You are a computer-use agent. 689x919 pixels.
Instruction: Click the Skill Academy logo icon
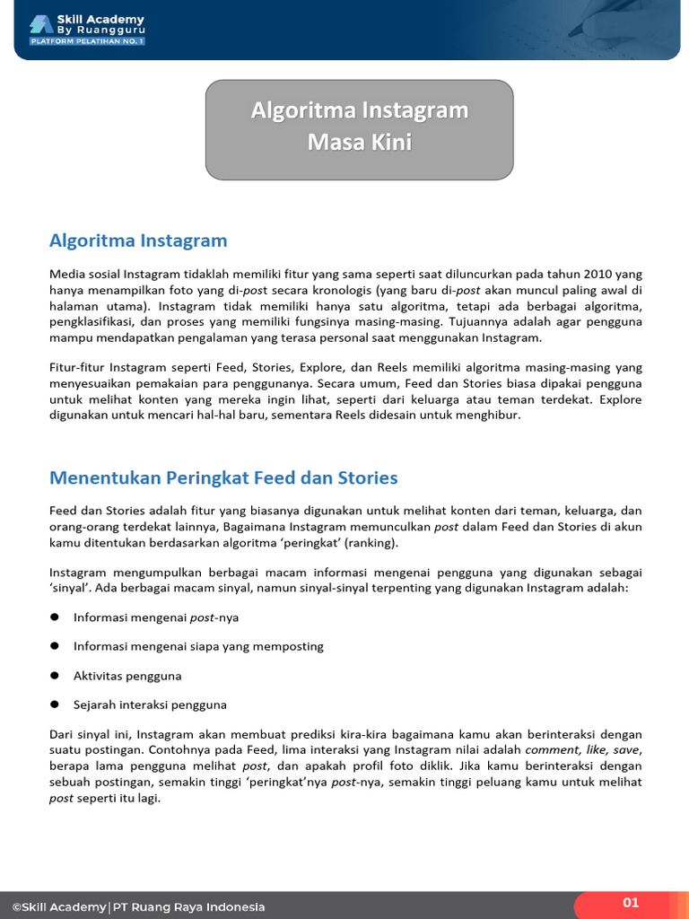(40, 24)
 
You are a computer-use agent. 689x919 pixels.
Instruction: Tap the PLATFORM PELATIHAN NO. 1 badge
(87, 41)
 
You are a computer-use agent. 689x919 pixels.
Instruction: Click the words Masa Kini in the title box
(359, 142)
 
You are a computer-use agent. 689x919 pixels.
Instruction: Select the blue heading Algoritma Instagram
(138, 241)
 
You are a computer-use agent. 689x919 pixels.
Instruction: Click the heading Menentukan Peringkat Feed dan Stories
(223, 477)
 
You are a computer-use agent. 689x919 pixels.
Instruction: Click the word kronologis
(339, 290)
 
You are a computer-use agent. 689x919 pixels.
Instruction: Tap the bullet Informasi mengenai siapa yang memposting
(198, 646)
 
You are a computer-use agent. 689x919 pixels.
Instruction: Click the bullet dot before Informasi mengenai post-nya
(55, 617)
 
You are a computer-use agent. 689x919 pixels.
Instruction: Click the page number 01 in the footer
(631, 903)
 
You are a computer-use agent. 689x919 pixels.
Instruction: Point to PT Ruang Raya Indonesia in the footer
(188, 906)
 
